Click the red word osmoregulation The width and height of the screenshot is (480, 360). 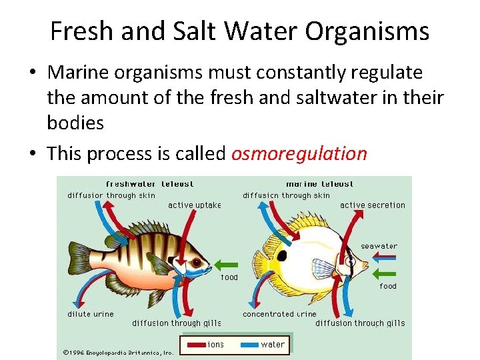(299, 154)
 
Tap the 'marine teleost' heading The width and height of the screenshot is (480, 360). (319, 184)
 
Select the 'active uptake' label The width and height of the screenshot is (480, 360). (195, 205)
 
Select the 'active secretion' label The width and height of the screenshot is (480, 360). (372, 205)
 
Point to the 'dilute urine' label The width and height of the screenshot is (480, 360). (91, 313)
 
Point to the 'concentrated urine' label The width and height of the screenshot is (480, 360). (279, 313)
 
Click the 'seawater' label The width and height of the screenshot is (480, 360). (379, 246)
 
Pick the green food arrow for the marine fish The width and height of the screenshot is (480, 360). (385, 273)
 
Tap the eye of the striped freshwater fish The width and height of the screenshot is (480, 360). (178, 254)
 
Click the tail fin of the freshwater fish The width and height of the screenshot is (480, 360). (78, 259)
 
